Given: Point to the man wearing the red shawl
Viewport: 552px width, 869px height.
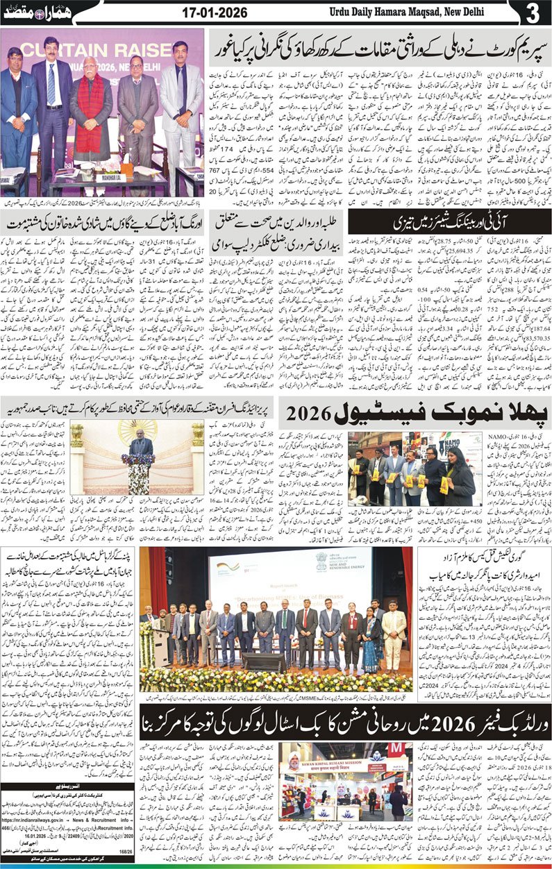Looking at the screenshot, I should click(89, 111).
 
